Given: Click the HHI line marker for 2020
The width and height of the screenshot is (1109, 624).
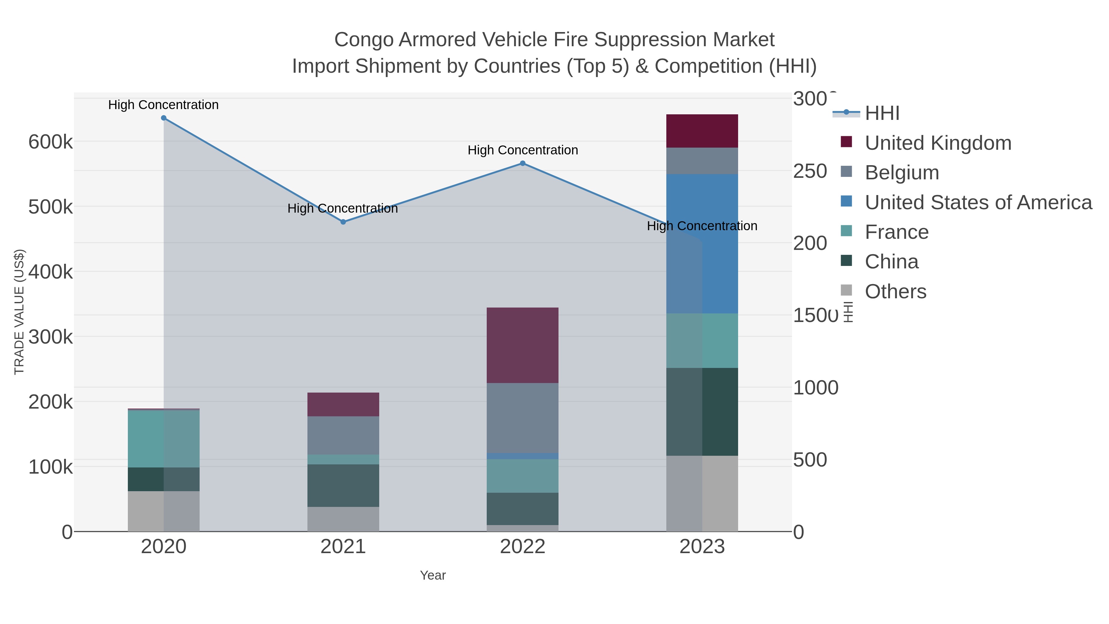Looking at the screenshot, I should pos(164,118).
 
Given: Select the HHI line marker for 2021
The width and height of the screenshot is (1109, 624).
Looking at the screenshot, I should pos(343,222).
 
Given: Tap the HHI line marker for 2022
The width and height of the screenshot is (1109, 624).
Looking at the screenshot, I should pos(523,163).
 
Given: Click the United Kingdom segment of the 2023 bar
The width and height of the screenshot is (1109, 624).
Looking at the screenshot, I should pos(702,131).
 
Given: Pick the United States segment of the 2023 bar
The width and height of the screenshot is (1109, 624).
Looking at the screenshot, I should pos(702,244).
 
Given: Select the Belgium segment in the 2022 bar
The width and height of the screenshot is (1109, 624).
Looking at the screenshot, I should pos(523,418).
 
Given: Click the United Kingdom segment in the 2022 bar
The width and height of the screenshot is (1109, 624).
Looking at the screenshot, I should pos(523,345).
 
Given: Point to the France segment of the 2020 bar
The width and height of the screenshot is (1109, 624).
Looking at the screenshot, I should pos(164,439).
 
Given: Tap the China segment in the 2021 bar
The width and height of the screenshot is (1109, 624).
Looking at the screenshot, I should pos(343,485).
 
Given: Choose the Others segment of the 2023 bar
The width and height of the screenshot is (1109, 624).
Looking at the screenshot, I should pos(702,494).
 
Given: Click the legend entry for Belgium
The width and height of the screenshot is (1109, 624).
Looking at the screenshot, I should pos(901,173).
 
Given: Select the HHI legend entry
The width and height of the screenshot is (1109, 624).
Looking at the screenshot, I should pos(882,113).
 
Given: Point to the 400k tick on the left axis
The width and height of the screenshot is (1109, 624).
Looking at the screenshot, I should pos(51,272).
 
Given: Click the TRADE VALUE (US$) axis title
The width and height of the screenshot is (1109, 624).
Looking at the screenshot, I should pos(19,312).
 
